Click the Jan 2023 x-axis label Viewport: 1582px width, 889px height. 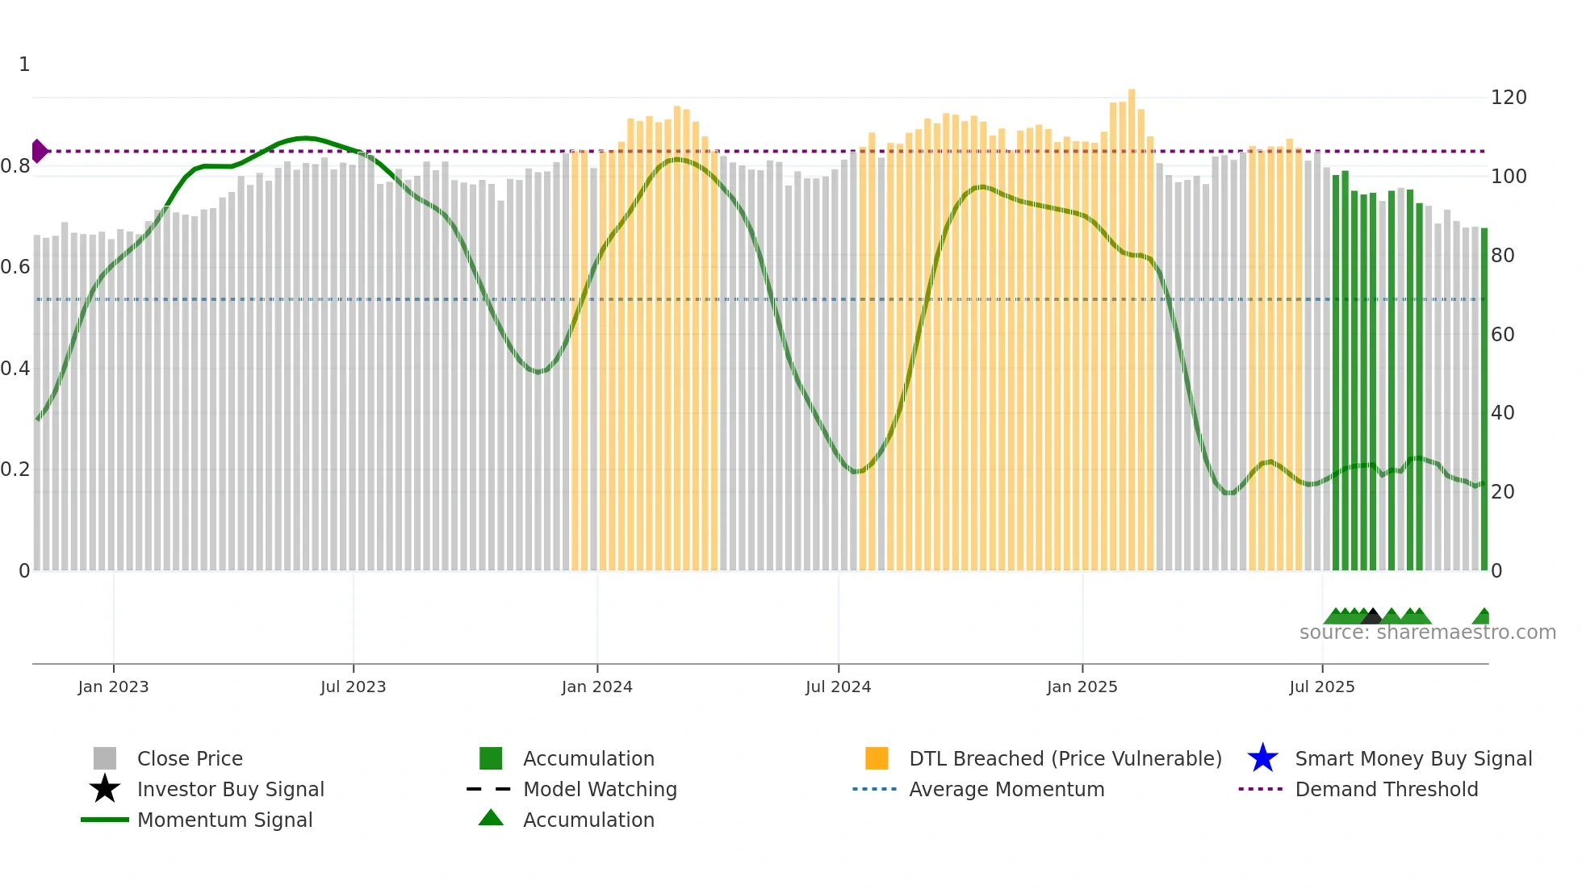click(x=113, y=687)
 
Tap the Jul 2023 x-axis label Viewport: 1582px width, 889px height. click(x=353, y=687)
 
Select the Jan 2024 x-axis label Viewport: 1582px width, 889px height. click(x=596, y=687)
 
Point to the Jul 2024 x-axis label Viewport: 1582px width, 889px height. click(x=838, y=687)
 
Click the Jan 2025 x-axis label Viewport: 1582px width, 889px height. click(x=1082, y=687)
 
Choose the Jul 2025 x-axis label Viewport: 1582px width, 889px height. click(x=1321, y=687)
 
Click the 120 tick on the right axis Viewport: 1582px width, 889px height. click(x=1509, y=98)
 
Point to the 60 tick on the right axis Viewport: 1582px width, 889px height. click(x=1503, y=334)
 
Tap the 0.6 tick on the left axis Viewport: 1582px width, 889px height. click(x=15, y=267)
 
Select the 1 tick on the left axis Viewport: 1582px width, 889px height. click(x=24, y=65)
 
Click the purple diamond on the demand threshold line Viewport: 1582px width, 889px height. click(x=39, y=151)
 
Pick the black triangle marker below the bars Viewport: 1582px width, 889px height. click(x=1372, y=617)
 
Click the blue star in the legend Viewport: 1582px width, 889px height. click(x=1262, y=758)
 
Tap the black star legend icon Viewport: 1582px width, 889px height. click(x=105, y=789)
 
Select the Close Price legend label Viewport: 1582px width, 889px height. click(x=190, y=758)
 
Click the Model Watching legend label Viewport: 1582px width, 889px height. click(x=600, y=789)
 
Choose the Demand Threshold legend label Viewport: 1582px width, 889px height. click(x=1386, y=789)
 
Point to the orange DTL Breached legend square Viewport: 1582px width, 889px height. click(x=877, y=758)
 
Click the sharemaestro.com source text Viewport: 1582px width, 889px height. click(x=1427, y=632)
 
